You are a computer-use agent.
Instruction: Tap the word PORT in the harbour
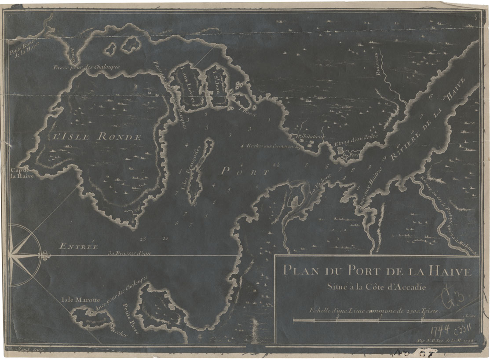245,172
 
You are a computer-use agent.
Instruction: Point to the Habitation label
310,137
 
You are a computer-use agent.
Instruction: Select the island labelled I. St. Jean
217,84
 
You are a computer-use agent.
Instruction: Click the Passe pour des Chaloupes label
86,67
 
